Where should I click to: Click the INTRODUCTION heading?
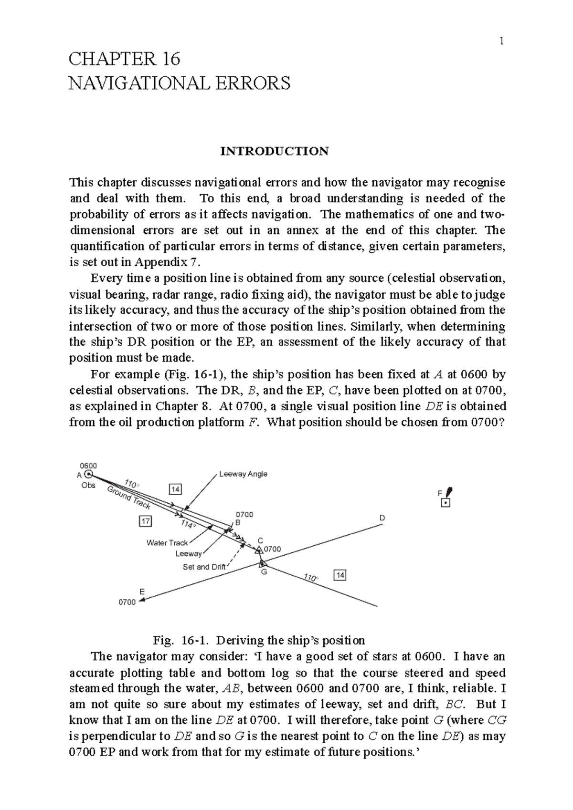point(274,151)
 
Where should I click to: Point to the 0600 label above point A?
point(88,466)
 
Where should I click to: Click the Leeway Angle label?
point(243,474)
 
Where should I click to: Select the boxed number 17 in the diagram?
point(145,521)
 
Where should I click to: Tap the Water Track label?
point(167,543)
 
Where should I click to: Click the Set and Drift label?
point(204,567)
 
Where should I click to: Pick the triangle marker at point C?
point(259,550)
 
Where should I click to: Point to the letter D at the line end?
point(382,518)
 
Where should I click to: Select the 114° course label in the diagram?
point(188,524)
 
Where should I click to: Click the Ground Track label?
point(129,498)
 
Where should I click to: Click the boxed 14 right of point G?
point(340,575)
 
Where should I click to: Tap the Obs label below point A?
point(88,485)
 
